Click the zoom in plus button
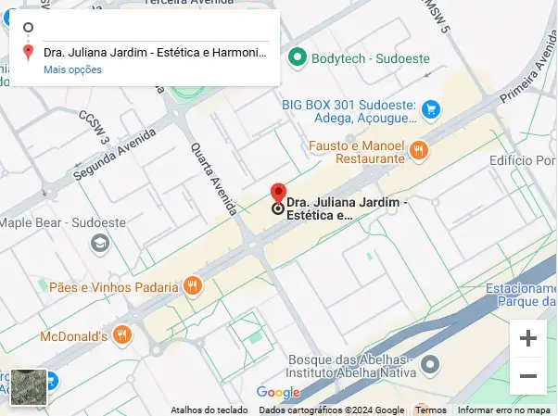tap(528, 339)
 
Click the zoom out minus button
tap(528, 376)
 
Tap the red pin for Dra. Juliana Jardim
tap(278, 194)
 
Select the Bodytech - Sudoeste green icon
tap(298, 57)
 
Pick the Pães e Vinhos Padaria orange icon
tap(193, 286)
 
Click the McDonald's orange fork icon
tap(122, 335)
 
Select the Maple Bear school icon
tap(97, 243)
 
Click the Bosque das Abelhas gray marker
tap(429, 366)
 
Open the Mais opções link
tap(72, 69)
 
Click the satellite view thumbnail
tap(28, 387)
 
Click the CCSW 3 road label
tap(95, 128)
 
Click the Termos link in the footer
tap(431, 410)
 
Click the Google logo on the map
tap(278, 392)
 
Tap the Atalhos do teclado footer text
tap(209, 410)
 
